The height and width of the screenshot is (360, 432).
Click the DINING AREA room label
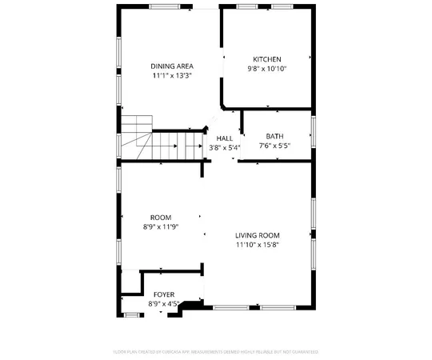(x=172, y=66)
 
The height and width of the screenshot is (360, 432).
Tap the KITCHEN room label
(x=267, y=59)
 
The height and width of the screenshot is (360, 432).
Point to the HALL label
(x=224, y=138)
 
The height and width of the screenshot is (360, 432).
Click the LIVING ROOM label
(x=258, y=235)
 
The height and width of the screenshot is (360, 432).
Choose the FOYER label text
(x=164, y=295)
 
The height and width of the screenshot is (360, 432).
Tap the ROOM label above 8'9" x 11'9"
(x=161, y=217)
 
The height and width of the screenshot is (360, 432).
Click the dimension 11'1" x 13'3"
(x=172, y=76)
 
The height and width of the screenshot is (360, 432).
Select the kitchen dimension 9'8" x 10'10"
(x=267, y=69)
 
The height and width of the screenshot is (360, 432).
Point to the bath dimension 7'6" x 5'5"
(x=274, y=146)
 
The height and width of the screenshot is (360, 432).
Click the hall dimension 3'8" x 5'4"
(x=225, y=147)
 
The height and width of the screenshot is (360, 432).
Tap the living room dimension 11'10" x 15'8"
(x=258, y=245)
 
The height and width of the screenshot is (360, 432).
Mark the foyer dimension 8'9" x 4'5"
(x=165, y=304)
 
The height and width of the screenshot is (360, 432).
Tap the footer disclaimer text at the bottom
(x=215, y=351)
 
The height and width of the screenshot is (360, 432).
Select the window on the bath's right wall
(x=314, y=132)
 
